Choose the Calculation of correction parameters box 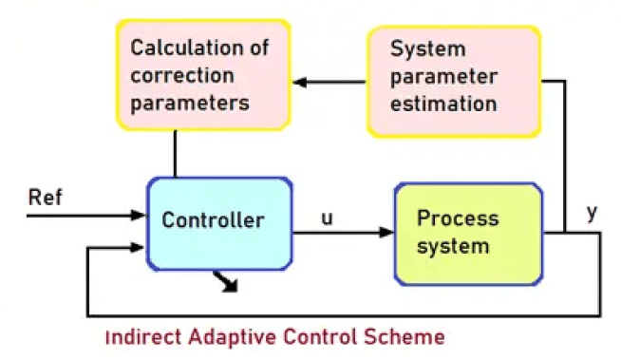pyautogui.click(x=199, y=74)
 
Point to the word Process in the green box pyautogui.click(x=458, y=218)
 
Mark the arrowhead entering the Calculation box pyautogui.click(x=299, y=83)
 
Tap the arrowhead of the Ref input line pyautogui.click(x=140, y=216)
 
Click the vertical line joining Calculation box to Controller pyautogui.click(x=175, y=153)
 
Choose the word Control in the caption pyautogui.click(x=312, y=337)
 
